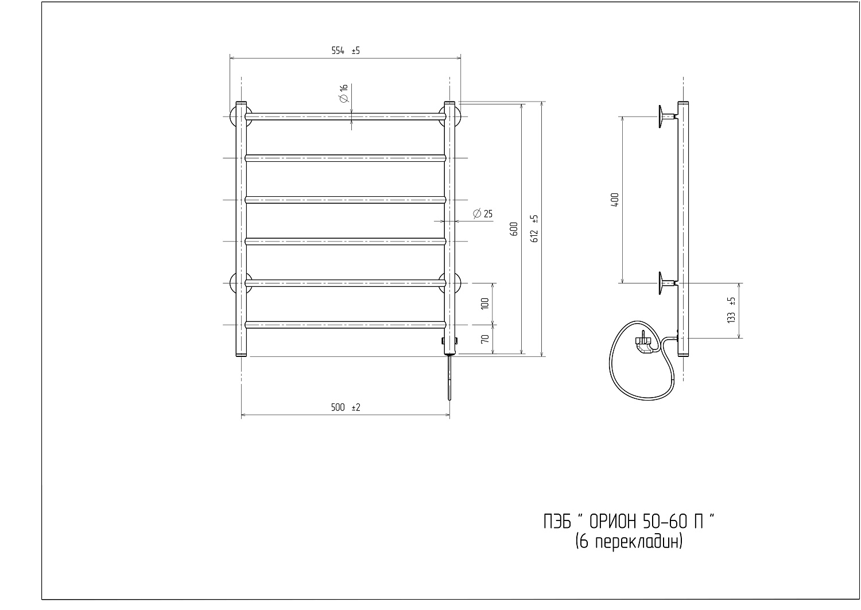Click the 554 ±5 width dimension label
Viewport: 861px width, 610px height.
pyautogui.click(x=346, y=50)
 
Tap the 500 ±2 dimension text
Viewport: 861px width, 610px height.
pyautogui.click(x=346, y=407)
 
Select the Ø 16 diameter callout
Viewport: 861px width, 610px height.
pyautogui.click(x=344, y=94)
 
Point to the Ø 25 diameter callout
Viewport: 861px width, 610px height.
pyautogui.click(x=483, y=213)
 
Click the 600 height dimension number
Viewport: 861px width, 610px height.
pyautogui.click(x=514, y=229)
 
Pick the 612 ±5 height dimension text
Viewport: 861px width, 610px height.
pyautogui.click(x=534, y=228)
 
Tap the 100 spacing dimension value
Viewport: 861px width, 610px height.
pyautogui.click(x=485, y=304)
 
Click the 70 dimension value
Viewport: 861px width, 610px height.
pyautogui.click(x=485, y=339)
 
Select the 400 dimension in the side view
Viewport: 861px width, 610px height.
pyautogui.click(x=615, y=200)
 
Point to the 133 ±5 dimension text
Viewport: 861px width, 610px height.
pyautogui.click(x=731, y=310)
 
